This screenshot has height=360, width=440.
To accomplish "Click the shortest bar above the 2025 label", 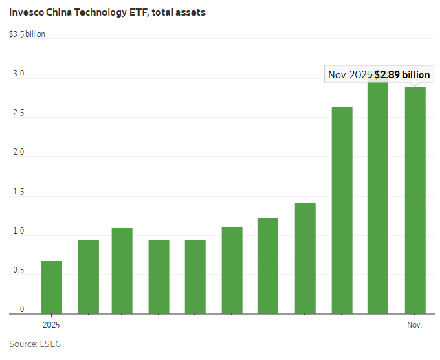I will [52, 287].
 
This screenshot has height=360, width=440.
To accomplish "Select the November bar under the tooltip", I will [415, 200].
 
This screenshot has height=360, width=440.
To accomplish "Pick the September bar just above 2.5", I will [342, 210].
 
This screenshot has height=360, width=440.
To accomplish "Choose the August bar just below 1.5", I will [305, 258].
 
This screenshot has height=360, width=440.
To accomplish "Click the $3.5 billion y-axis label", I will [27, 34].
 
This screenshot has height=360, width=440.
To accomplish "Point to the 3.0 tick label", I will [18, 74].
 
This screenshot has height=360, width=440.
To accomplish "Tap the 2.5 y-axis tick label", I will [18, 113].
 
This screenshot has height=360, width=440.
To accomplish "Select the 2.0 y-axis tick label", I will [18, 152].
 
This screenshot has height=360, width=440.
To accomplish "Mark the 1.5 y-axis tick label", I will [18, 192].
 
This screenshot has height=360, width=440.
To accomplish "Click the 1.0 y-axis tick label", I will [18, 231].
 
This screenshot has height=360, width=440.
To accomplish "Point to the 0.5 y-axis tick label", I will [18, 271].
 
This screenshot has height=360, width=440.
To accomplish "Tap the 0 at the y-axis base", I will [21, 309].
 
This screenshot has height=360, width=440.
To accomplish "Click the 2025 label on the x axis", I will [51, 324].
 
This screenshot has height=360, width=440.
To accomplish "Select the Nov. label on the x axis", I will [414, 324].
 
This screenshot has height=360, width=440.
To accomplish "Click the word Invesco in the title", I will [27, 12].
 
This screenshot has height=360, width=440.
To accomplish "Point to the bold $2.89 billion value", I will [402, 75].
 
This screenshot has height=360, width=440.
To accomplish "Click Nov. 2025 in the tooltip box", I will [351, 75].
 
